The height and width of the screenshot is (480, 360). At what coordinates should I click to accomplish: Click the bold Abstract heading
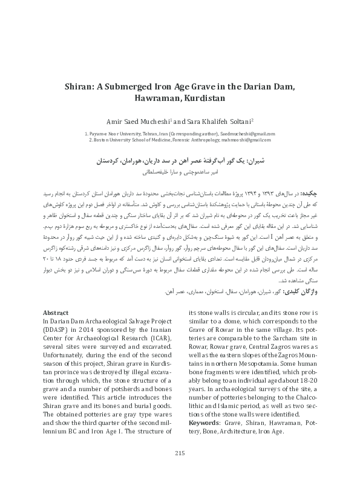coord(56,312)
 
